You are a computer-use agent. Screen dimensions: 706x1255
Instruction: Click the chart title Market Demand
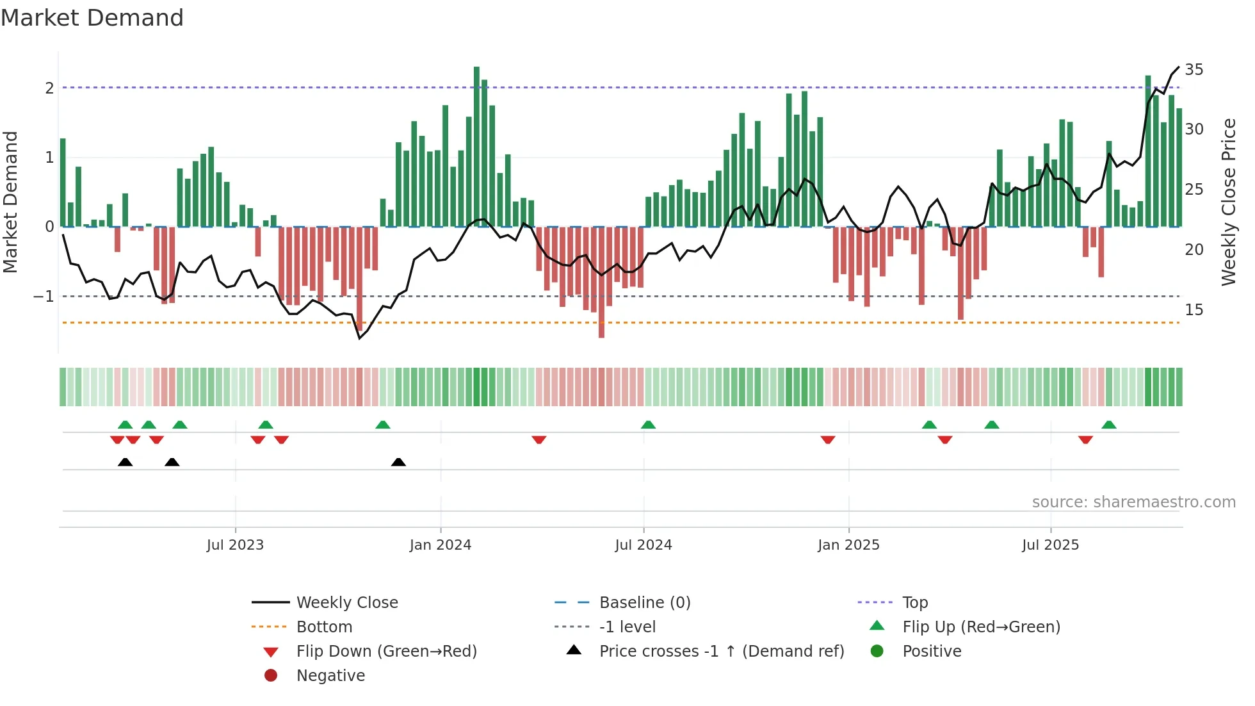pyautogui.click(x=92, y=18)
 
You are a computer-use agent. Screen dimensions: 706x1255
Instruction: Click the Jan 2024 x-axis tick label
pyautogui.click(x=440, y=545)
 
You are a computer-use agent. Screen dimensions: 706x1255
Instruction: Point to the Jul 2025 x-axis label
pyautogui.click(x=1050, y=545)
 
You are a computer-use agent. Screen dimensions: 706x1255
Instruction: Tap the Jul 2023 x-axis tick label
pyautogui.click(x=235, y=545)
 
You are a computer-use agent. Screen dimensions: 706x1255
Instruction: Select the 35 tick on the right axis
pyautogui.click(x=1194, y=69)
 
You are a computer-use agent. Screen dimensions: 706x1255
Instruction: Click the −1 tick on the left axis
pyautogui.click(x=44, y=297)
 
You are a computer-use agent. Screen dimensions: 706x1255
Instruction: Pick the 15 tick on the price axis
pyautogui.click(x=1194, y=310)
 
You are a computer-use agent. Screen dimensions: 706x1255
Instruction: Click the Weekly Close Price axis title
pyautogui.click(x=1228, y=202)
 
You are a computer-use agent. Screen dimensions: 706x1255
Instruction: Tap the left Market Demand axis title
pyautogui.click(x=11, y=202)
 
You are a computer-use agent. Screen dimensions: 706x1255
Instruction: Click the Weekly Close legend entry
pyautogui.click(x=346, y=603)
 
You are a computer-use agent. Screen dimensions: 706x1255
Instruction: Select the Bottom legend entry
pyautogui.click(x=324, y=627)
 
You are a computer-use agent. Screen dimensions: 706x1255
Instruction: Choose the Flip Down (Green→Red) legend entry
pyautogui.click(x=386, y=652)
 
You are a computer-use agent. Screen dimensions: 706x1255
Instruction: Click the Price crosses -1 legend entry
pyautogui.click(x=721, y=652)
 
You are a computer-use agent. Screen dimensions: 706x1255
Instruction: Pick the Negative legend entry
pyautogui.click(x=330, y=676)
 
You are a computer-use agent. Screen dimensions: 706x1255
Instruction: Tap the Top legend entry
pyautogui.click(x=914, y=603)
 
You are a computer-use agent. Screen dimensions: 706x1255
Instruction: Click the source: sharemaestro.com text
pyautogui.click(x=1133, y=502)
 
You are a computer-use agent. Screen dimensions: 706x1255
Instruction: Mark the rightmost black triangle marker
pyautogui.click(x=398, y=462)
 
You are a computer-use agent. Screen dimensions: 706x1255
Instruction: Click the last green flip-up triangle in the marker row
pyautogui.click(x=1109, y=425)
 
